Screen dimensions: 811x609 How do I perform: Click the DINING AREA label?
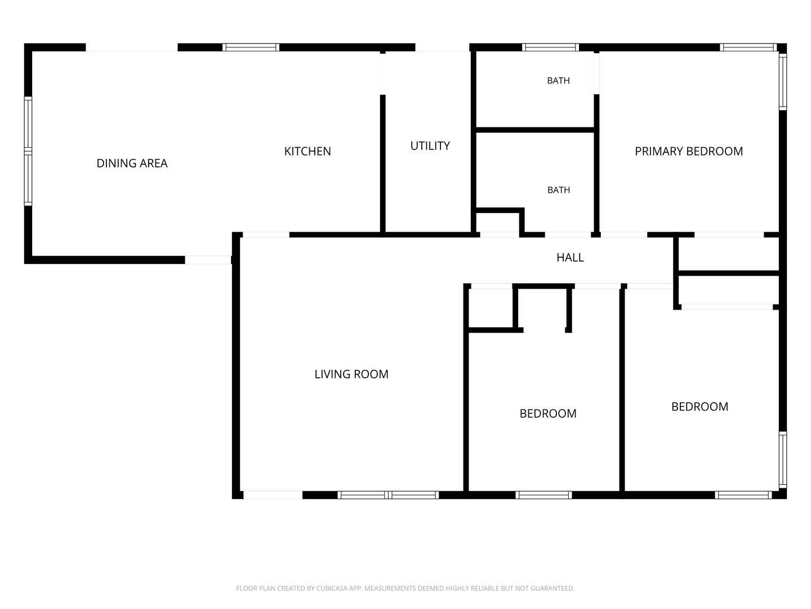132,163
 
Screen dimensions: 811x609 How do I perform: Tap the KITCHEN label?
308,151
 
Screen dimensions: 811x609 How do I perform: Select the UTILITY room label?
430,146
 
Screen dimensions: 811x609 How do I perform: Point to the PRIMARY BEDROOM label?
689,151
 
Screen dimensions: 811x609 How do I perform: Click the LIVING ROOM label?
351,374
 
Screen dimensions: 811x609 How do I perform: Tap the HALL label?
570,257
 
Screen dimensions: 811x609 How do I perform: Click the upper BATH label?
558,81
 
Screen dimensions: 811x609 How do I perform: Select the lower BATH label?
559,190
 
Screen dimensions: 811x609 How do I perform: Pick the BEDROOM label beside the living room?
548,413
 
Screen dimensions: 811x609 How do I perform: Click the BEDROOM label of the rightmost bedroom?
700,407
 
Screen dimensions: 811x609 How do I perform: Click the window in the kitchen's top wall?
251,47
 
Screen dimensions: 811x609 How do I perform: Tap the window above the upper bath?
550,47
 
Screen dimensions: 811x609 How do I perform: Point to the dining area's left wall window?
28,151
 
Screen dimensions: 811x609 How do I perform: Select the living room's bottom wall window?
388,495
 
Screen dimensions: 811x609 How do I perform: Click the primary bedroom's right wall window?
782,82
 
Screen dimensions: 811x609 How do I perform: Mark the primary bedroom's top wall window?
748,47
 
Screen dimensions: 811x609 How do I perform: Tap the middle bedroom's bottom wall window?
543,495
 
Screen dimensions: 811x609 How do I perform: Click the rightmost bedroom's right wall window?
782,460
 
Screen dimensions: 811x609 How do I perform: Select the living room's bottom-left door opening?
273,495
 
